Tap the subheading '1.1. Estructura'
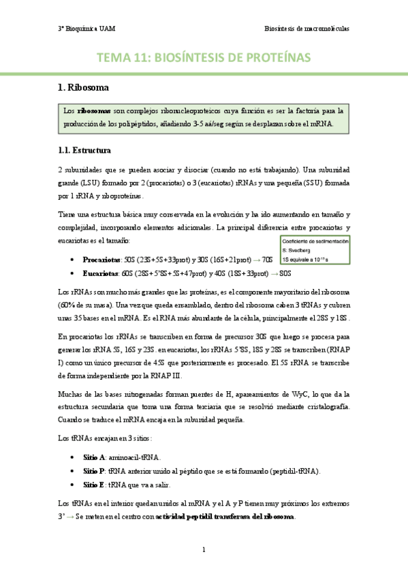[x=84, y=150]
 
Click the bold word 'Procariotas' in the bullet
[x=101, y=260]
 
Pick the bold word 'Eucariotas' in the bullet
[x=100, y=273]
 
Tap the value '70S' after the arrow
[x=268, y=260]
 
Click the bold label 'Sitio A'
[x=93, y=458]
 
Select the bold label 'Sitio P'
[x=93, y=471]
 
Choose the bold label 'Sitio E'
[x=93, y=485]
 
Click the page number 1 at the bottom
[x=204, y=549]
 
